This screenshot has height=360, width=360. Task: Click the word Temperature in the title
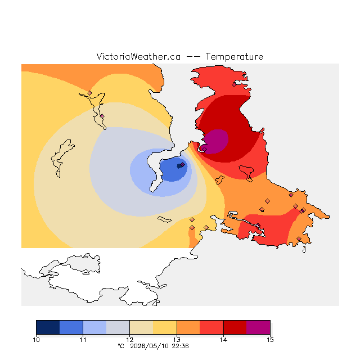point(234,57)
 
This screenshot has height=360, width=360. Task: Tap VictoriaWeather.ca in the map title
point(138,57)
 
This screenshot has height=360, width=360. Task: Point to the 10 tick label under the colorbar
point(36,340)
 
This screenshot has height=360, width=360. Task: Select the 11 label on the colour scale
point(83,340)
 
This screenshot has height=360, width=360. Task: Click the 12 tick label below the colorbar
point(130,340)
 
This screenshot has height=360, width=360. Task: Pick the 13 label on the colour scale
point(177,340)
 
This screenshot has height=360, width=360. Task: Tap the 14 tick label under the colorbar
point(223,340)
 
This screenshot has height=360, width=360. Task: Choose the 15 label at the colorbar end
point(270,340)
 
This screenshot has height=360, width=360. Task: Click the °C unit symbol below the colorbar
point(121,346)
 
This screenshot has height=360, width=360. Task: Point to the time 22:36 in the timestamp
point(181,346)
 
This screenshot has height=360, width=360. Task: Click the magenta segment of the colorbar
point(258,327)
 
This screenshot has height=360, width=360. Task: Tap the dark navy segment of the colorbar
point(48,327)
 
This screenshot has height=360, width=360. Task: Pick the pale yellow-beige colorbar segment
point(141,327)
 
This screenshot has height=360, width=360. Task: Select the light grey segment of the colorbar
point(118,327)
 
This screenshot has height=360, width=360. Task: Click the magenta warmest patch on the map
point(216,141)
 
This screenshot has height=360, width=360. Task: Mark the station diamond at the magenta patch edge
point(205,149)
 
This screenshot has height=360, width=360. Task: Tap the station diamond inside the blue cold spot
point(182,164)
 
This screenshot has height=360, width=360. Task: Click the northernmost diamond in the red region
point(234,85)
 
